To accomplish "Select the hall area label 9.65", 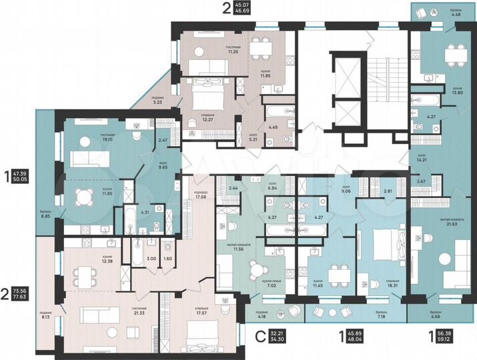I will pyautogui.click(x=162, y=168).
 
